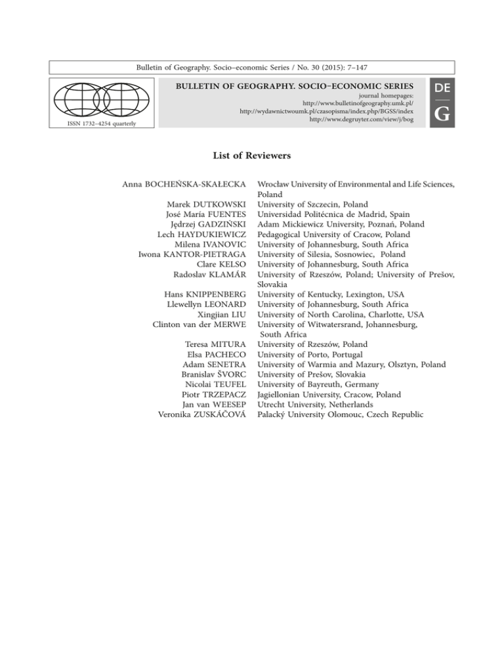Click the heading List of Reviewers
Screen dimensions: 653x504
point(251,156)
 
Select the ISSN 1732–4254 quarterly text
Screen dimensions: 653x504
point(99,121)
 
